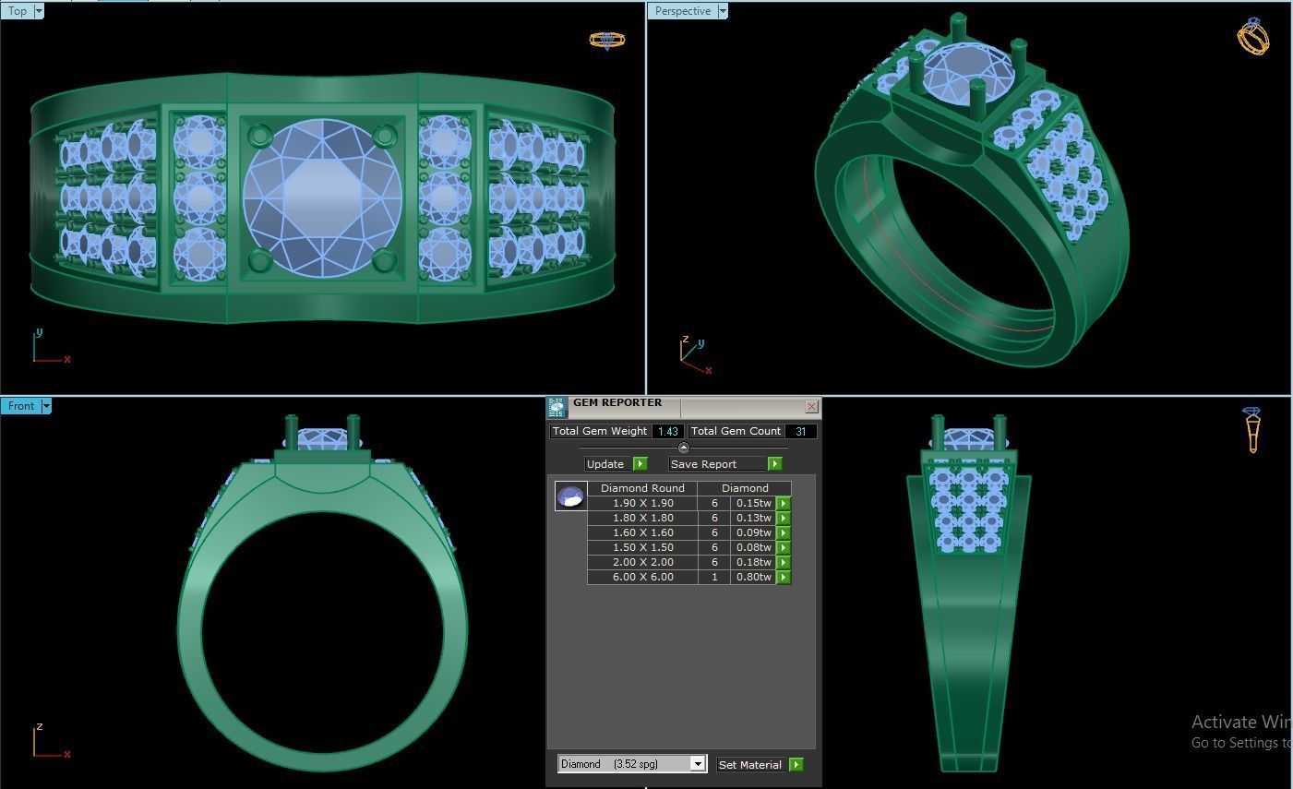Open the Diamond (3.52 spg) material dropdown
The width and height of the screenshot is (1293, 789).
698,764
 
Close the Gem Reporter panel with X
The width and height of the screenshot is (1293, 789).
811,406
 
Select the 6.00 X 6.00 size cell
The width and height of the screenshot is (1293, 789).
642,577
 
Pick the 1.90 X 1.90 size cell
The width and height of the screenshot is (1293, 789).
642,503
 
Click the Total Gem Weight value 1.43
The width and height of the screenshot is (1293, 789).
668,431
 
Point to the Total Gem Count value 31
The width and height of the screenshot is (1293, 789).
800,431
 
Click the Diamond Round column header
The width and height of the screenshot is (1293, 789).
642,488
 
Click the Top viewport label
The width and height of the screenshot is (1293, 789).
18,11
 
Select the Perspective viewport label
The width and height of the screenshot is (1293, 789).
682,11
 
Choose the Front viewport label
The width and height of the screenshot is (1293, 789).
20,406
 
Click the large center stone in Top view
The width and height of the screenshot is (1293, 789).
322,197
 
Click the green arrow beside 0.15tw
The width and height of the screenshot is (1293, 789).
784,503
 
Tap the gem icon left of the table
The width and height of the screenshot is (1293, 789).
570,496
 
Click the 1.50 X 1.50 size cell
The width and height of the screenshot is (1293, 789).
642,547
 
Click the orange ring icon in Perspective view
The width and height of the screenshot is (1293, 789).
1252,37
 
